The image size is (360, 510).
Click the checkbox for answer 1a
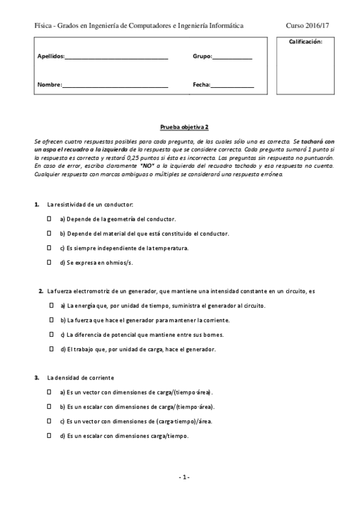pos(49,220)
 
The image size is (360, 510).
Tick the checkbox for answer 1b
pos(49,233)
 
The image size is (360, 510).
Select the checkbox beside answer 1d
pos(49,262)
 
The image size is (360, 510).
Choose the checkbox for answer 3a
pos(49,392)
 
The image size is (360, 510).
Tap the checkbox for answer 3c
pos(49,421)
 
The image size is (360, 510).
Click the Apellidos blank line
pos(116,57)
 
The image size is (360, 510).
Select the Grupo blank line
pos(233,57)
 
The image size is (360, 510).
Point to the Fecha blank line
pos(232,86)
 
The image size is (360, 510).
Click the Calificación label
pos(305,41)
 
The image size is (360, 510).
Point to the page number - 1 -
pos(185,477)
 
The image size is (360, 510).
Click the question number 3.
pos(37,378)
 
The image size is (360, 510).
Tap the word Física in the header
pos(43,25)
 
